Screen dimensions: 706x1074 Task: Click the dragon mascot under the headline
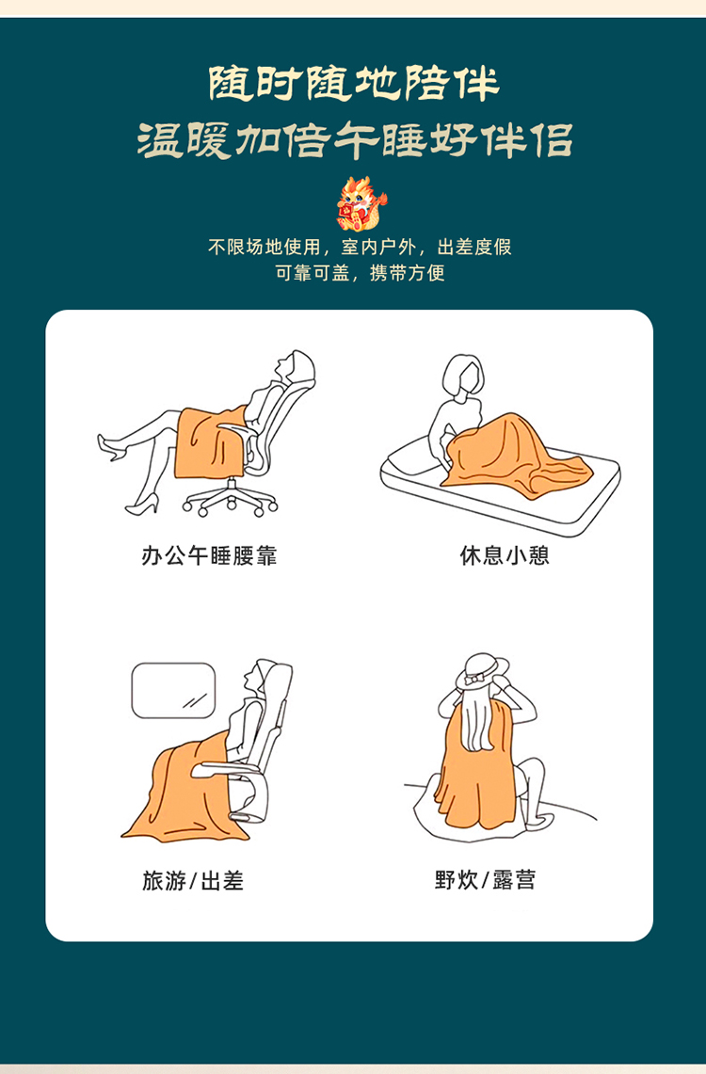pos(361,203)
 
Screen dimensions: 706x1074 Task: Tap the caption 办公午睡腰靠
pos(209,554)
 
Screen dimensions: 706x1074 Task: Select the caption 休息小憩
pos(505,554)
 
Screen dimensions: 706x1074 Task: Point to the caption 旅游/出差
pos(192,880)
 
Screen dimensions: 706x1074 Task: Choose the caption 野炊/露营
pos(485,879)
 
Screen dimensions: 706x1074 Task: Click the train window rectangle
pos(173,691)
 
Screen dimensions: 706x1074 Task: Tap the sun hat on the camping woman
pos(482,671)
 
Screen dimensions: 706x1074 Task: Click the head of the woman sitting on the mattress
pos(463,375)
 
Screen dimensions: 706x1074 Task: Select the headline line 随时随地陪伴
pos(353,84)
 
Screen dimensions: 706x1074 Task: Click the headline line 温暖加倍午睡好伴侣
pos(354,139)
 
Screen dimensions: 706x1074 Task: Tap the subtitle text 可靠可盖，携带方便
pos(361,273)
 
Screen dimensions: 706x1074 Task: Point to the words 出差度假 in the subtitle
pos(474,247)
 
